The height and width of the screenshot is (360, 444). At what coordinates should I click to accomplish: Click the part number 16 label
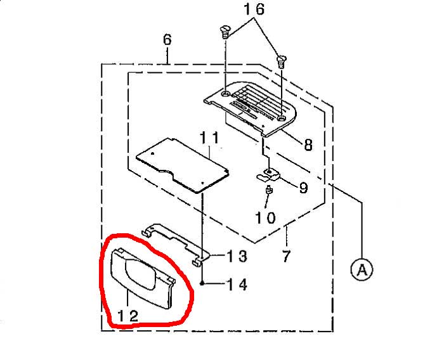click(254, 9)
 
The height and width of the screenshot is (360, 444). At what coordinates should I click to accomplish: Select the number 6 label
click(167, 40)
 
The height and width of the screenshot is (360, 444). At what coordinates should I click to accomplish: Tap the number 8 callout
click(308, 145)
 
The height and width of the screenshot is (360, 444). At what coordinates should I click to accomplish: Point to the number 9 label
click(303, 187)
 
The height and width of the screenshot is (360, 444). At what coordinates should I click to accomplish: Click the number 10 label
click(265, 218)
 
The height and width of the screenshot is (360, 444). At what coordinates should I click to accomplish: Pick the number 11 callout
click(209, 138)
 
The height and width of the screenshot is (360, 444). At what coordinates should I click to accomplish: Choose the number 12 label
click(127, 316)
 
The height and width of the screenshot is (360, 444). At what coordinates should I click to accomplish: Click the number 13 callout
click(237, 256)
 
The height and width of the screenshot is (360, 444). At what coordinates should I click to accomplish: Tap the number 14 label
click(237, 284)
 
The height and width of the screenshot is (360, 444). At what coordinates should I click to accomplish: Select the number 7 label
click(287, 256)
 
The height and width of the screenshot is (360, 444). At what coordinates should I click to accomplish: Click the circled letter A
click(362, 269)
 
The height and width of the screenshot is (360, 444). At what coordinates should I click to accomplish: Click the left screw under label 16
click(225, 32)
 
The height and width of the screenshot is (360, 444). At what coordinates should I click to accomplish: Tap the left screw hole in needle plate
click(226, 94)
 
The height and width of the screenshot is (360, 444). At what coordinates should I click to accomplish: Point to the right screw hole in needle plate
click(281, 118)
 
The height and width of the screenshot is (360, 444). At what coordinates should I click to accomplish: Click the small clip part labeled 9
click(268, 175)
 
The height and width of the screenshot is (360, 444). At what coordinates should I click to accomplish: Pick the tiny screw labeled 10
click(268, 190)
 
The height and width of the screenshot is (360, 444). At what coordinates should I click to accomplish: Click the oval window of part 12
click(141, 274)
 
